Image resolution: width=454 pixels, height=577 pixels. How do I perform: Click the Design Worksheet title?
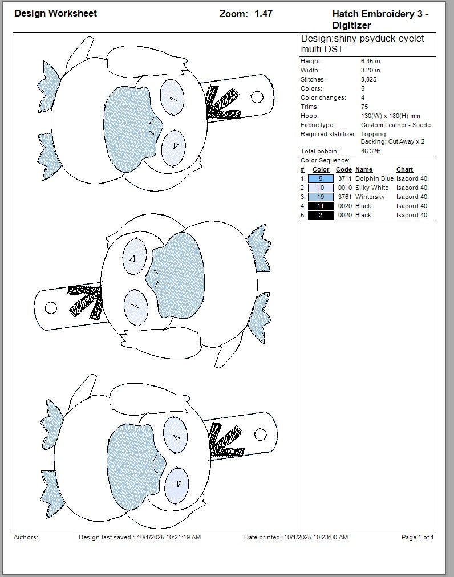pos(55,13)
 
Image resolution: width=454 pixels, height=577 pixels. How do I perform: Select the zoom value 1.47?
pos(263,13)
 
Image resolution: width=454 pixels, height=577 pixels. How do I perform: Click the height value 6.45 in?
pos(370,61)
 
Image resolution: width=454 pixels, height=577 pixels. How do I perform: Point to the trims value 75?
pos(364,107)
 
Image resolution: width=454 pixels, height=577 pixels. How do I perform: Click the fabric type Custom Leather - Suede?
pos(396,125)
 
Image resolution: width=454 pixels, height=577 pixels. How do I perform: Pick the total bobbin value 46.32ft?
pos(371,151)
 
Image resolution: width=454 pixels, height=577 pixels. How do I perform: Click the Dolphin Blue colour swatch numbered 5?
pos(321,178)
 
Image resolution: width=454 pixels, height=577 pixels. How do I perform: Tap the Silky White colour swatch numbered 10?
pos(321,188)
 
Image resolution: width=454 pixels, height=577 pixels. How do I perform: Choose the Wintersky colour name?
pos(370,197)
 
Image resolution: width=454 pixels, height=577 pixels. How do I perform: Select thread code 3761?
pos(344,197)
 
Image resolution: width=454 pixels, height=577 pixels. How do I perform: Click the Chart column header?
pos(404,169)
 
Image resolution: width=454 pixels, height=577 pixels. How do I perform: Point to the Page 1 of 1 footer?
pos(417,537)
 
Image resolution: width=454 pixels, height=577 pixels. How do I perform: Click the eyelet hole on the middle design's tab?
pos(51,308)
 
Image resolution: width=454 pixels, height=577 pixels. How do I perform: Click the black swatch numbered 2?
pos(321,215)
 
